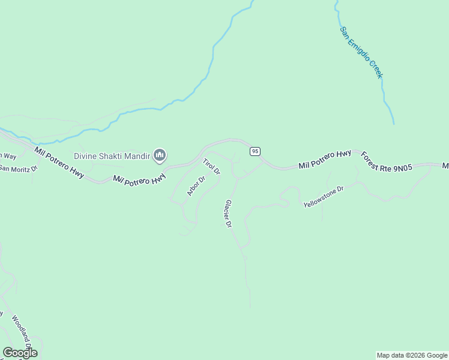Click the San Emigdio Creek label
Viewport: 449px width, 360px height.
pos(361,52)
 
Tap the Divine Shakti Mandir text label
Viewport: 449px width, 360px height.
pos(112,156)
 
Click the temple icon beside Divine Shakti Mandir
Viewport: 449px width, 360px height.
pos(160,156)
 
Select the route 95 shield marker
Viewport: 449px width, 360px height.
pos(255,151)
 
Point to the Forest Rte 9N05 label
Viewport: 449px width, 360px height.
pos(387,162)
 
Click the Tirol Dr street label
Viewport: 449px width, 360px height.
pos(211,167)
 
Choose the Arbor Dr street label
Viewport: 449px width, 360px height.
pos(196,186)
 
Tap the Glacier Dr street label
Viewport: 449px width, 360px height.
pos(228,214)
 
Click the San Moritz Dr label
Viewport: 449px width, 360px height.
pos(18,168)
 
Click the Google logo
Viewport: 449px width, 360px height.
pos(20,353)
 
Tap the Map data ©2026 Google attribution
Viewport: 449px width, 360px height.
pos(412,355)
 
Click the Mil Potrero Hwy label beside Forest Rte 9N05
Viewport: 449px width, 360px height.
pos(325,158)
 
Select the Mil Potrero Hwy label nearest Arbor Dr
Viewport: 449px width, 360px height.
pos(139,179)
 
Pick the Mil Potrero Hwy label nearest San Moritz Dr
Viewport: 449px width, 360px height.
pos(59,162)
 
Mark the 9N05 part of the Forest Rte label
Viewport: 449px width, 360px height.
pos(402,166)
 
